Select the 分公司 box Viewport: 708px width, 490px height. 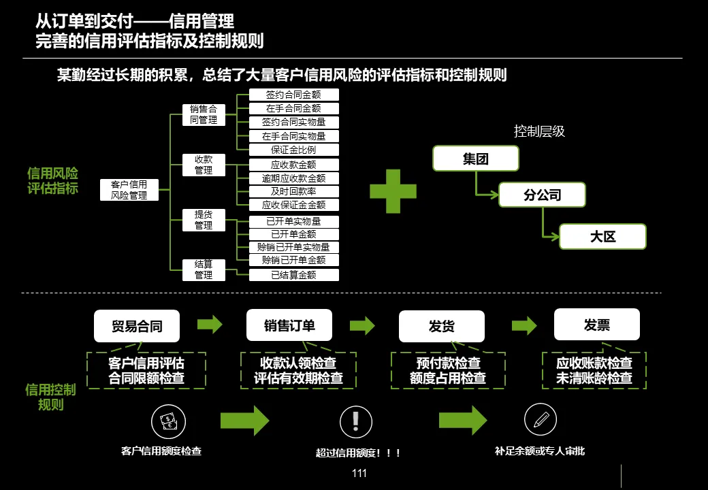pyautogui.click(x=542, y=195)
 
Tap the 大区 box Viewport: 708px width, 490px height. pyautogui.click(x=602, y=237)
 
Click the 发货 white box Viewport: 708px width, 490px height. pyautogui.click(x=441, y=327)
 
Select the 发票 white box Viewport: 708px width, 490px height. pyautogui.click(x=596, y=325)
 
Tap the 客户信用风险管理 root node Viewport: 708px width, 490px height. pyautogui.click(x=129, y=190)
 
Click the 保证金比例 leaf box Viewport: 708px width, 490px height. pyautogui.click(x=293, y=150)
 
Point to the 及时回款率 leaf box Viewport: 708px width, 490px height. pyautogui.click(x=293, y=191)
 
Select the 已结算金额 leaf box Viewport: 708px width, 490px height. pyautogui.click(x=293, y=275)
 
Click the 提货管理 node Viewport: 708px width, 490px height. pyautogui.click(x=204, y=220)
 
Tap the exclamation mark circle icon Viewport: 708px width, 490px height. pyautogui.click(x=356, y=422)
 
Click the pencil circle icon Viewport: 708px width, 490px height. pyautogui.click(x=541, y=420)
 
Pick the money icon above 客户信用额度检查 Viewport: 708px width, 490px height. pyautogui.click(x=167, y=421)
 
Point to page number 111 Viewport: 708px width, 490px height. pyautogui.click(x=359, y=473)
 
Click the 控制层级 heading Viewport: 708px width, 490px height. pyautogui.click(x=539, y=131)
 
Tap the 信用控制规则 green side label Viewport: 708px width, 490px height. pyautogui.click(x=50, y=397)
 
